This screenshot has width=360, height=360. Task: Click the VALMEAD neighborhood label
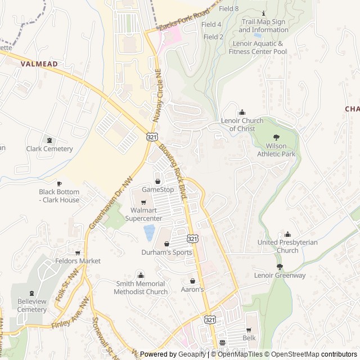tap(39, 64)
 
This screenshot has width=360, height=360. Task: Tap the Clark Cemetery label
tap(49, 149)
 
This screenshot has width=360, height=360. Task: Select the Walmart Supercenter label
tap(143, 214)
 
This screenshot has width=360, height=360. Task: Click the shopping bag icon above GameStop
tap(157, 181)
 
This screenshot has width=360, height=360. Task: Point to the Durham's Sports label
tap(166, 253)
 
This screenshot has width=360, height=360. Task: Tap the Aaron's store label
tap(192, 289)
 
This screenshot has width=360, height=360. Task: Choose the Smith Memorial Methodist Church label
tap(141, 287)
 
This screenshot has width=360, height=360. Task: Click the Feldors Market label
tap(78, 261)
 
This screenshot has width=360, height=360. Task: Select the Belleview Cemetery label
tap(31, 305)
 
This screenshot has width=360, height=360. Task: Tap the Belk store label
tap(249, 337)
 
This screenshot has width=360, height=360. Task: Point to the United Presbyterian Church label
tap(287, 246)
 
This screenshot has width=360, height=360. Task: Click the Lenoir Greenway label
tap(280, 275)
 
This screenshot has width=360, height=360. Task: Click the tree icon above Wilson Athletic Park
tap(276, 137)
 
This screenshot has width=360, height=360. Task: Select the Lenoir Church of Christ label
tap(242, 124)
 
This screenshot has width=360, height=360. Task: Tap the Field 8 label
tap(228, 9)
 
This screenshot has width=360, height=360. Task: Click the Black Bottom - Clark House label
tap(59, 196)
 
